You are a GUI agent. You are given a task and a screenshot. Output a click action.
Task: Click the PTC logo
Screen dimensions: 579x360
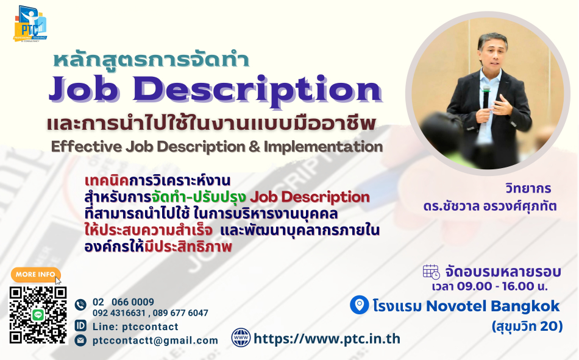[30, 24]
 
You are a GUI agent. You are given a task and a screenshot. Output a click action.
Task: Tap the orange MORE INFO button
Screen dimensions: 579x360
[35, 274]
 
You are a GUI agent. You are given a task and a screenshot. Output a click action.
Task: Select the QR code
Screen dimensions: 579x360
[38, 315]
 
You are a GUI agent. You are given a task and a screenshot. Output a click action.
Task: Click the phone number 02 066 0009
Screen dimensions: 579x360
[123, 302]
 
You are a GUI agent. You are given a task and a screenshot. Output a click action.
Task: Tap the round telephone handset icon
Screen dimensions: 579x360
[80, 305]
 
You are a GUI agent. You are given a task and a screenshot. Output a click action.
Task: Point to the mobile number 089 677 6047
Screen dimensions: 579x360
[180, 313]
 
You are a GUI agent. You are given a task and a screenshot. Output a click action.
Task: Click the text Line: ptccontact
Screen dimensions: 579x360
[135, 326]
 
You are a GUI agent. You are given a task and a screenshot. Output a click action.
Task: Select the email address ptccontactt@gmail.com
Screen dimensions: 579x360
[155, 341]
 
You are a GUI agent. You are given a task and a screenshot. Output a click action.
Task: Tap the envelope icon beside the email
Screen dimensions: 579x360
[80, 340]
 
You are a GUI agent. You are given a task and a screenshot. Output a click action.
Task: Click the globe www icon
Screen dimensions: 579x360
[241, 338]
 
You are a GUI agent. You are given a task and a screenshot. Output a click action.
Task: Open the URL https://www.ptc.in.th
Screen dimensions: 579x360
[327, 339]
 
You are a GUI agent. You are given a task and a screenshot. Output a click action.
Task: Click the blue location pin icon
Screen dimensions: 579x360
[360, 305]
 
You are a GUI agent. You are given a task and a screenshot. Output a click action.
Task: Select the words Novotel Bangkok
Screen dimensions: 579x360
[492, 306]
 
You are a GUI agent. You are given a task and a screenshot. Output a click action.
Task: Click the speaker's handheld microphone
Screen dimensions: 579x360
[486, 97]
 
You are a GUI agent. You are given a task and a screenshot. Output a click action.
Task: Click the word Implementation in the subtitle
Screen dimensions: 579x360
[323, 147]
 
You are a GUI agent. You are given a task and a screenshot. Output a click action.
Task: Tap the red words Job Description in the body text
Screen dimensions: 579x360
[310, 197]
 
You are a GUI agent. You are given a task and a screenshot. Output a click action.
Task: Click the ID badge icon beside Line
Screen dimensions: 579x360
[80, 325]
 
